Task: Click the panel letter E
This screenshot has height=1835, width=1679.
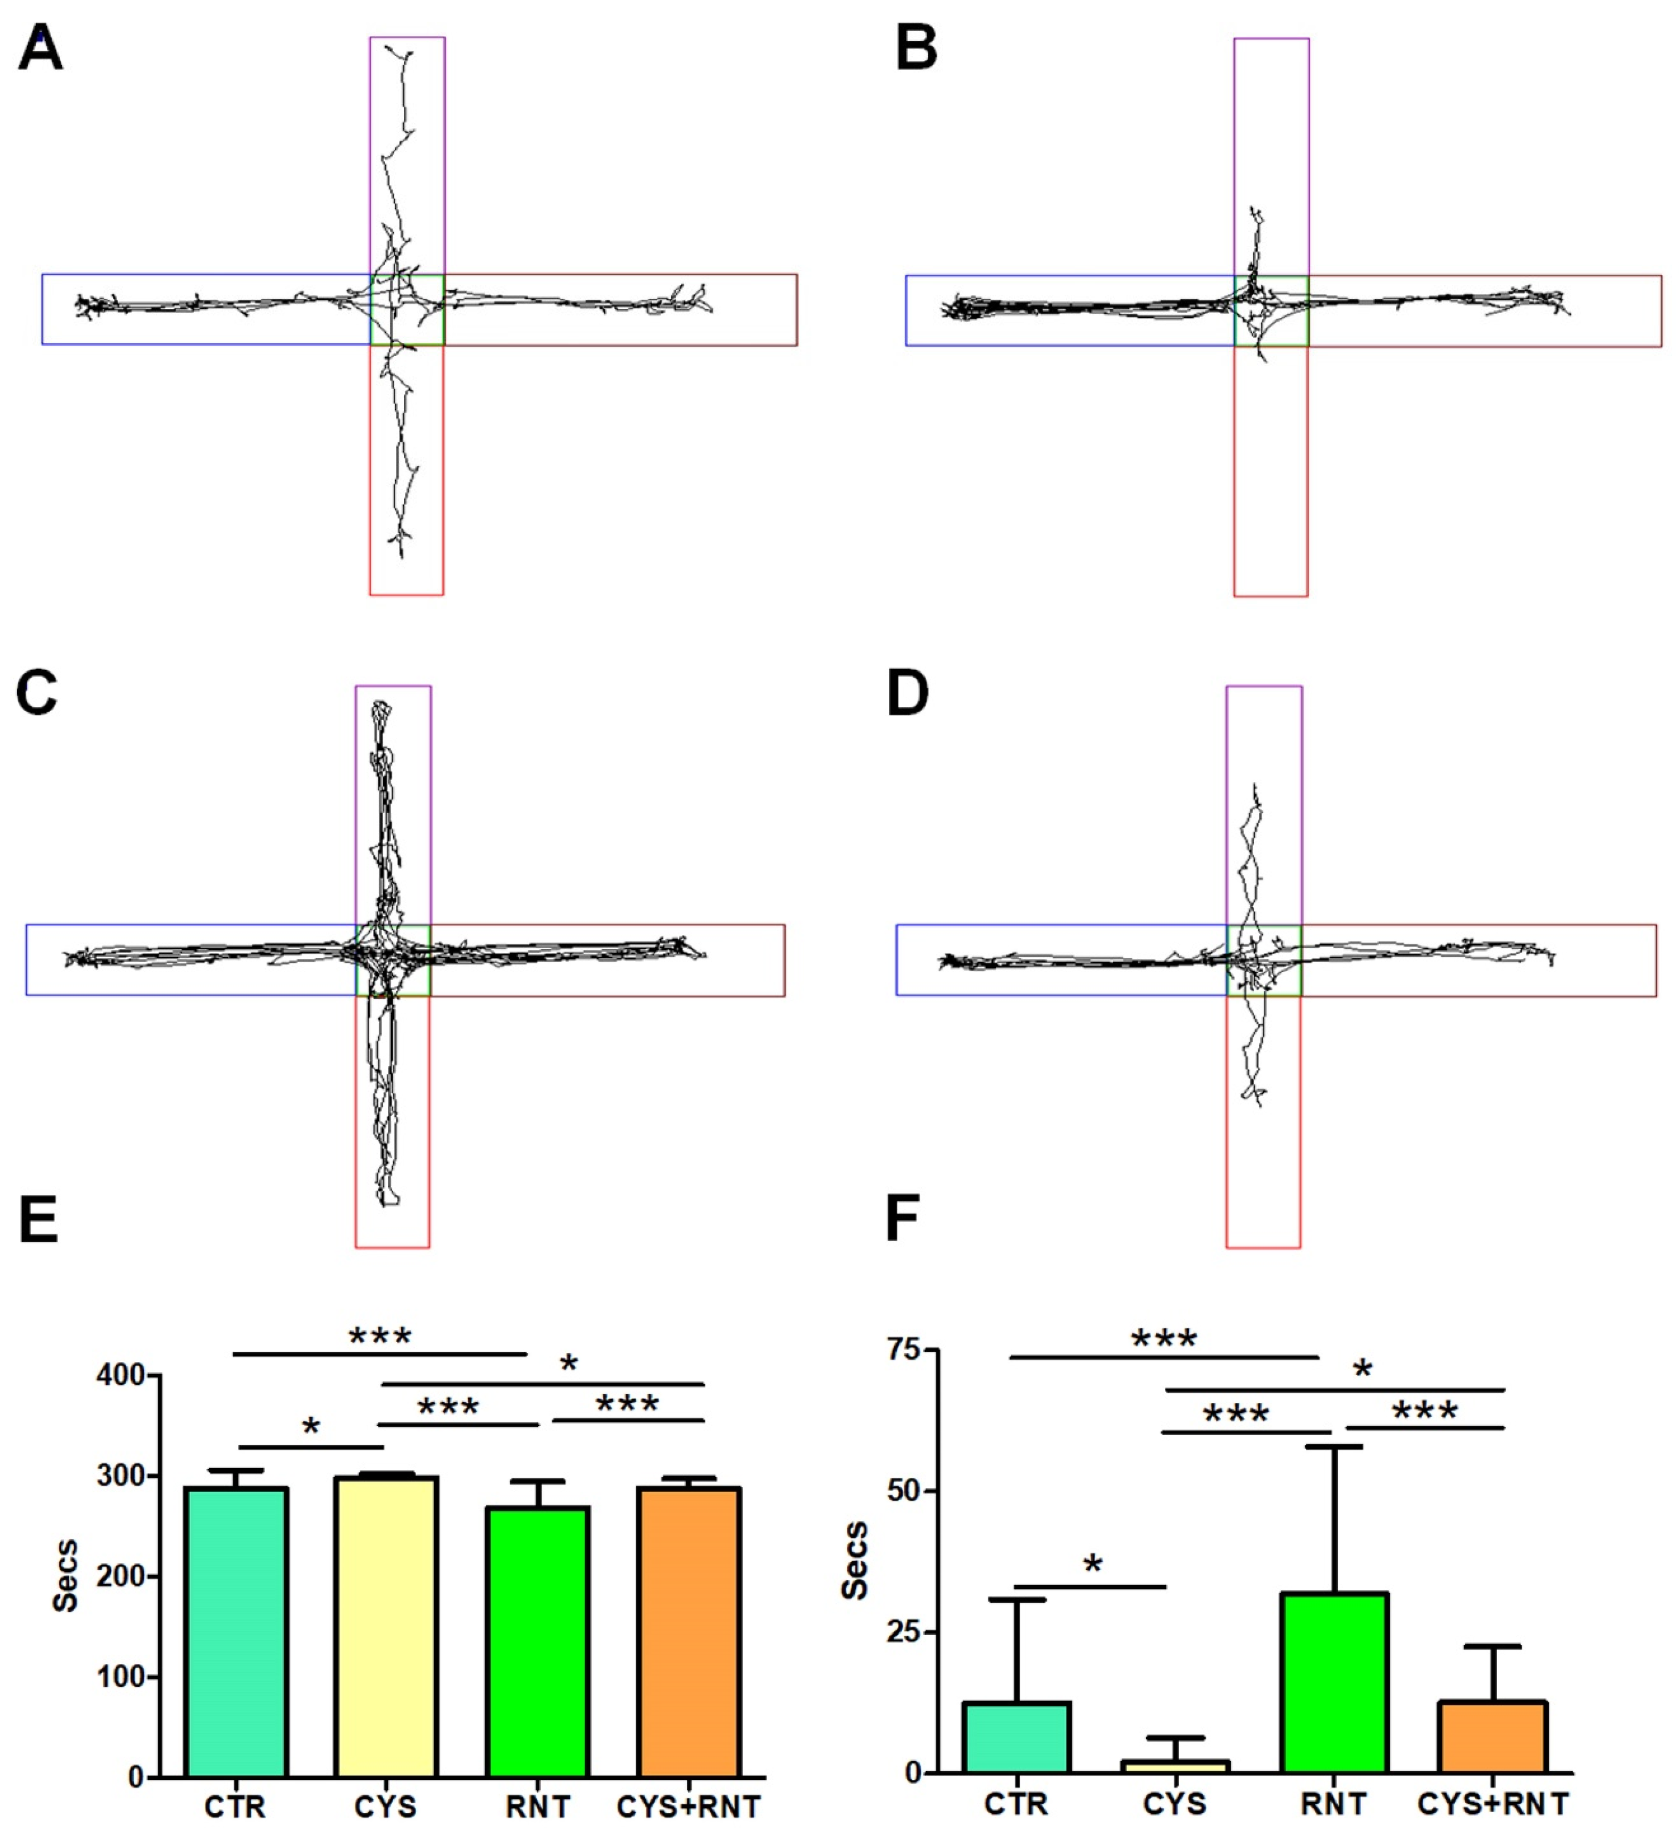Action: [x=38, y=1220]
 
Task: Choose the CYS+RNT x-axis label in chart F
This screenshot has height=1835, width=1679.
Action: [x=1493, y=1803]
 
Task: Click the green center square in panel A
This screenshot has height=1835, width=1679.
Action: [x=407, y=310]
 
